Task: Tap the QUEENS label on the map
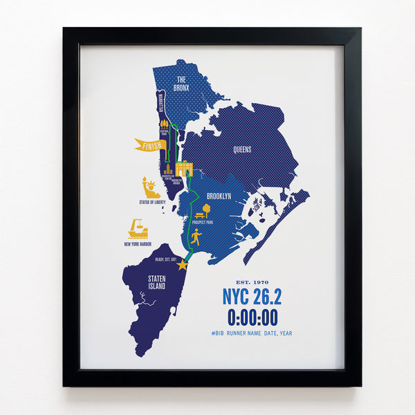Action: pos(241,149)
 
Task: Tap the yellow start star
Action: pos(183,265)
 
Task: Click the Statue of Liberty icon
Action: pos(150,187)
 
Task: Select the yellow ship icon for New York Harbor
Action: pos(138,229)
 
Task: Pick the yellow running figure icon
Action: pos(196,237)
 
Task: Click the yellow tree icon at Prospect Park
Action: pos(205,210)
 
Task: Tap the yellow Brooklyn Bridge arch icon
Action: pos(185,169)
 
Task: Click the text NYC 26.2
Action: pos(252,297)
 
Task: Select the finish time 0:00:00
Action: pos(252,317)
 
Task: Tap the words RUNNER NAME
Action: pos(251,333)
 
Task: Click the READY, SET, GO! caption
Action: pos(167,258)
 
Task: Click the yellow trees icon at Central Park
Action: pos(165,124)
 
